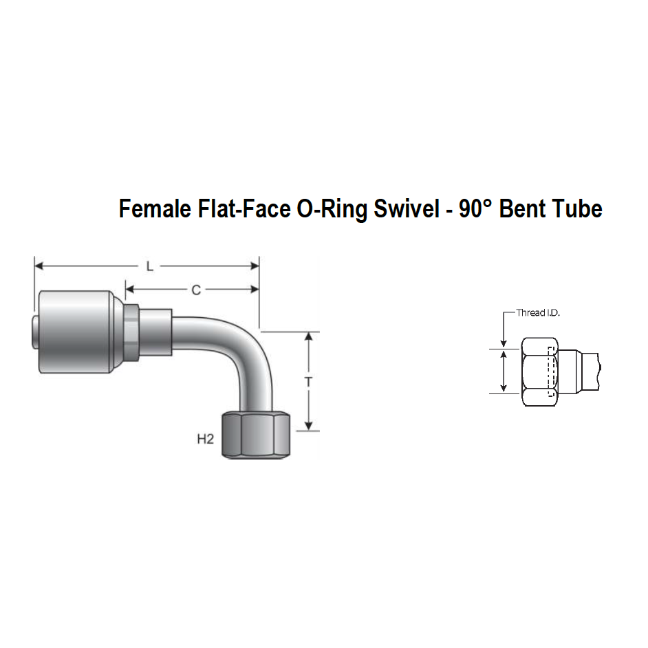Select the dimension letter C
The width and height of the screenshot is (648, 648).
click(196, 290)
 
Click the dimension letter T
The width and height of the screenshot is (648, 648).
click(309, 382)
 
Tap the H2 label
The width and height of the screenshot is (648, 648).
click(206, 439)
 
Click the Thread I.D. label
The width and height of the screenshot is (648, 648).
click(538, 313)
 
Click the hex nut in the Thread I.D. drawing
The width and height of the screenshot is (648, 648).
click(538, 371)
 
